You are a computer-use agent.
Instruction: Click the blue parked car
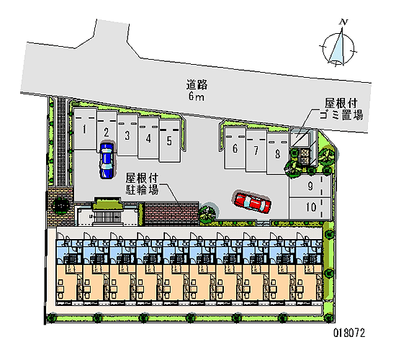[107, 161]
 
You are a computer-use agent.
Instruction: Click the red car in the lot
[253, 203]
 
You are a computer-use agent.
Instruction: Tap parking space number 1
[85, 129]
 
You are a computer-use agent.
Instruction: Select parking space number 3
[127, 135]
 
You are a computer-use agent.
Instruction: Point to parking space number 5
[169, 140]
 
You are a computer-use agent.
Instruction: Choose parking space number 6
[235, 148]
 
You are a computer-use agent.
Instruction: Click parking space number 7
[256, 150]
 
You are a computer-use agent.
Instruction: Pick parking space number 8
[277, 153]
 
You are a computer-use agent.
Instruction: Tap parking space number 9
[310, 186]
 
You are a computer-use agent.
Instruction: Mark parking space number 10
[310, 207]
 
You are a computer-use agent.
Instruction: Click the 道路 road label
[197, 85]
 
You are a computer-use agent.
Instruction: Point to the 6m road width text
[196, 96]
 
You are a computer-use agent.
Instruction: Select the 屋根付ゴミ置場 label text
[341, 109]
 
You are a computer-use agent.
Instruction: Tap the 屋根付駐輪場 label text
[142, 184]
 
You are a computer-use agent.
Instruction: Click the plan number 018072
[349, 333]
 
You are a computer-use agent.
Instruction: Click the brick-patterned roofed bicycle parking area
[172, 213]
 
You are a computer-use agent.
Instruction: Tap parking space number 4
[148, 138]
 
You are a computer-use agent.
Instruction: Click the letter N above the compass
[343, 22]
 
